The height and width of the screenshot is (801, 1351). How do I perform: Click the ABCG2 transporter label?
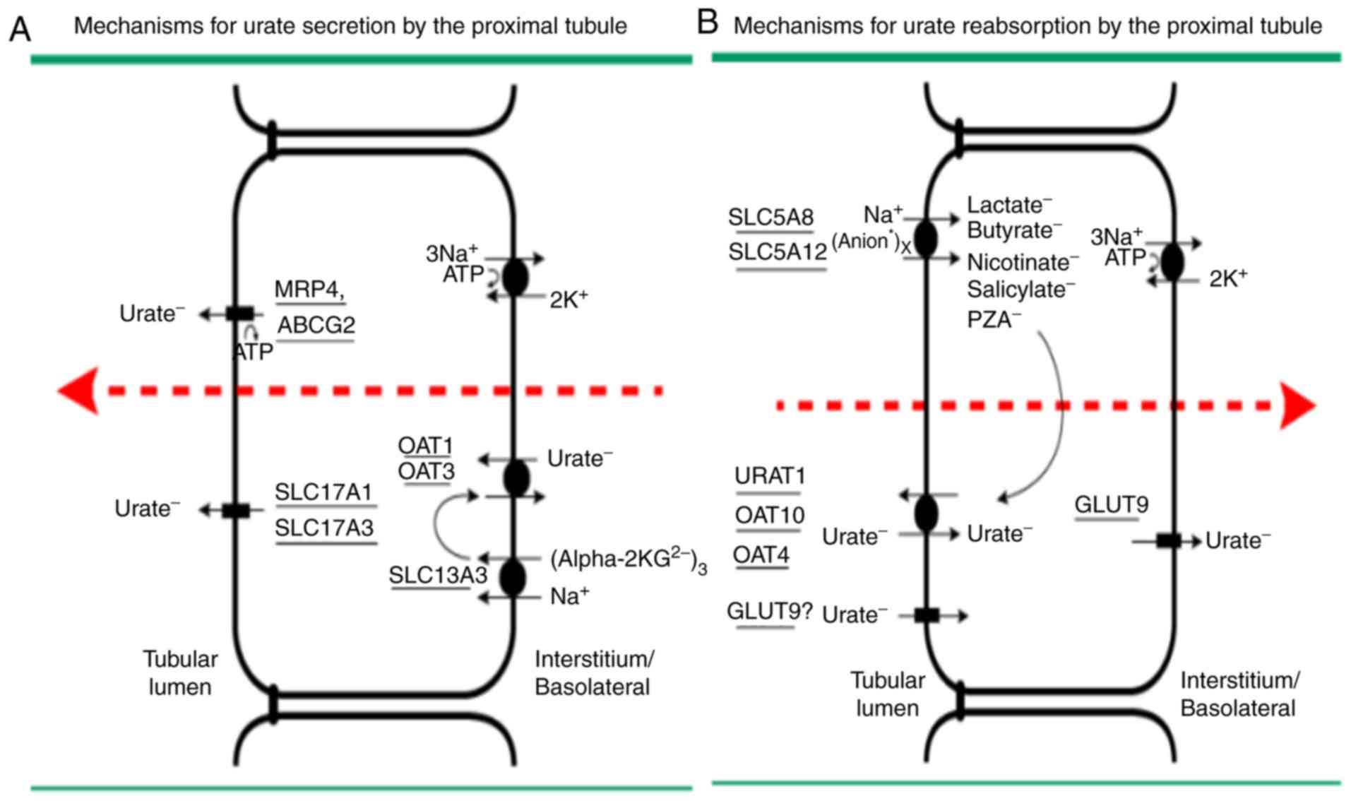(x=316, y=325)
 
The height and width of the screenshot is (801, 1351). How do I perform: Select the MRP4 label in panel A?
(x=309, y=290)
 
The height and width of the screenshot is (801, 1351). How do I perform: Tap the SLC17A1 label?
(x=323, y=492)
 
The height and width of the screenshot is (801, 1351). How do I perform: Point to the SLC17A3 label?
(x=324, y=528)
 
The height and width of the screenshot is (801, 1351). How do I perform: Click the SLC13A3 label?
(x=438, y=575)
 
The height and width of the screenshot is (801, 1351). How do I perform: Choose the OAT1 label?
(x=425, y=446)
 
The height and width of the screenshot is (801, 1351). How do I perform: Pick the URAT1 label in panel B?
(x=770, y=476)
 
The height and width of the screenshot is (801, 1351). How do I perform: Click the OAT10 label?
(x=770, y=516)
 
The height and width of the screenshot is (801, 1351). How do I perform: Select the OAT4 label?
(x=761, y=555)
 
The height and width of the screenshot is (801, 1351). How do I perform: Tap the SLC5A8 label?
(x=770, y=217)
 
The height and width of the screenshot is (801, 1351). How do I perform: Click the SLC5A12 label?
(x=778, y=251)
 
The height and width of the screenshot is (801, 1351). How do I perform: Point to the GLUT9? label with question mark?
(x=770, y=611)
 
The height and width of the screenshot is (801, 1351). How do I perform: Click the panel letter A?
(x=20, y=30)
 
